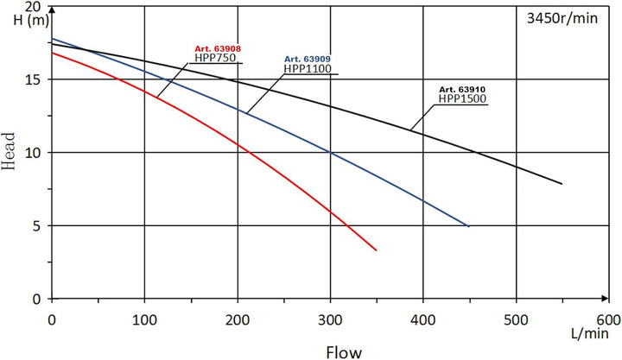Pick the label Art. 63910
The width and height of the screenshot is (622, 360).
point(462,89)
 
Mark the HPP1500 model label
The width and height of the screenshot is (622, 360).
point(463,98)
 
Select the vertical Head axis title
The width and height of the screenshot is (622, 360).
point(11,154)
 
